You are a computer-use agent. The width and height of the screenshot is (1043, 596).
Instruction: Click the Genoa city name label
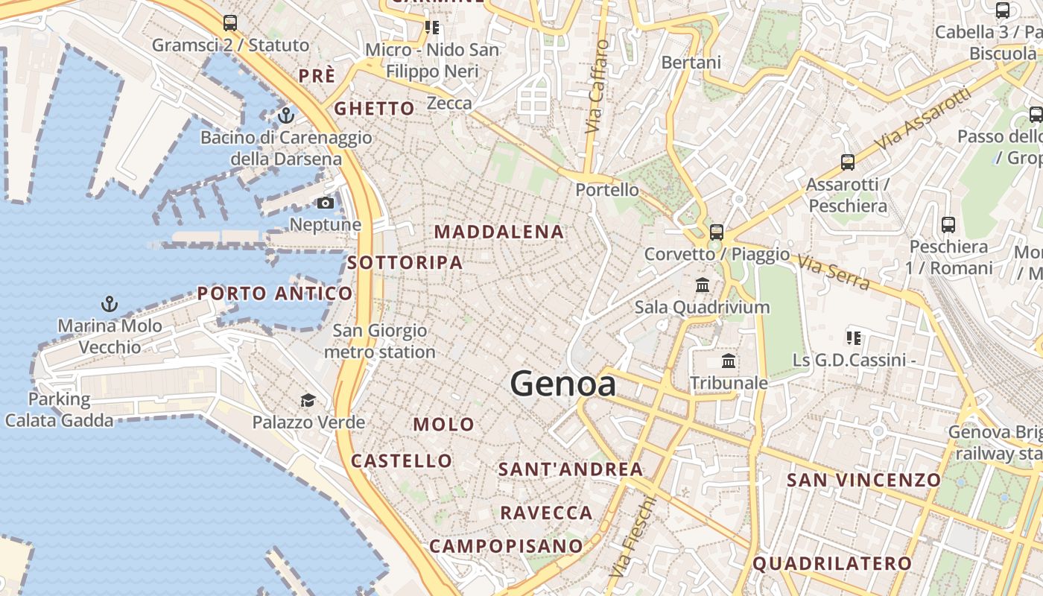pos(563,384)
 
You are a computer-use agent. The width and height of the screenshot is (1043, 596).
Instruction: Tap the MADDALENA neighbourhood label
pos(499,232)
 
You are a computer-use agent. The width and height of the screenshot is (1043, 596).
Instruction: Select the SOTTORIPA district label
pos(405,262)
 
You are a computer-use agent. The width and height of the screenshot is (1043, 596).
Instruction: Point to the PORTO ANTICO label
pos(275,294)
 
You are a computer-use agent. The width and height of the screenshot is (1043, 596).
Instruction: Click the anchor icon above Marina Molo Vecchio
pos(110,304)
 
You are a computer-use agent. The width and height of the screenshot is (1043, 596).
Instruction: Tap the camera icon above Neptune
pos(326,203)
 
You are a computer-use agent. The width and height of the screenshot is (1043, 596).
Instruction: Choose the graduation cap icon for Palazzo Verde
pos(308,401)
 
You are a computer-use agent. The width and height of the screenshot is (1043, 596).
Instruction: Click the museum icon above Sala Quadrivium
pos(702,285)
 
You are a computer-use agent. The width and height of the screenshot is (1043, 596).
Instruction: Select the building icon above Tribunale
pos(729,361)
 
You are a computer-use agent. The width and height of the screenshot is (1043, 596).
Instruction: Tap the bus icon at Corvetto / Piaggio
pos(717,232)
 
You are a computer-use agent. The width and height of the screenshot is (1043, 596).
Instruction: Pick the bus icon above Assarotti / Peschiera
pos(847,162)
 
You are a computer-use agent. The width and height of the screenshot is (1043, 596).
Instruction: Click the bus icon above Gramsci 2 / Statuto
pos(230,23)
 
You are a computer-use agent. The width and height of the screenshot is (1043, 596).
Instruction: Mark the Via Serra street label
pos(833,271)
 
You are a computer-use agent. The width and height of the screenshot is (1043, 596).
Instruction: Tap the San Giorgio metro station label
pos(380,341)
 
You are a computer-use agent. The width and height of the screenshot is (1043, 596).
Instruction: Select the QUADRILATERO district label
pos(831,564)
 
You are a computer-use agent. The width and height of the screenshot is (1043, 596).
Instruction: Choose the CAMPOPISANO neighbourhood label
pos(506,546)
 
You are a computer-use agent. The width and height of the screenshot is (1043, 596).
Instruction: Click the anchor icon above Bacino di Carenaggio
pos(285,115)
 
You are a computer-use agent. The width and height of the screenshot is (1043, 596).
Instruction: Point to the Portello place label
pos(607,190)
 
